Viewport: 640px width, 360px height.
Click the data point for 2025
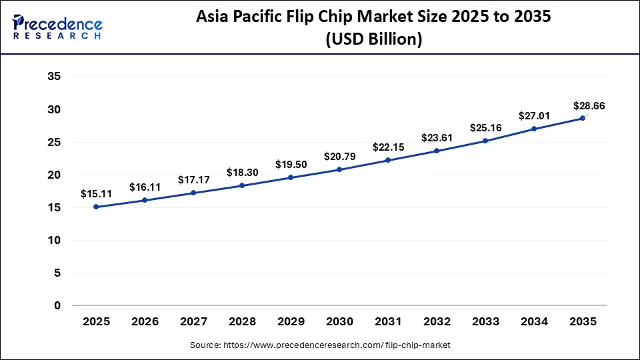96,207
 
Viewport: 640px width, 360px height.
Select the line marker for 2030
339,169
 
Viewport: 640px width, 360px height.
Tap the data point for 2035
583,118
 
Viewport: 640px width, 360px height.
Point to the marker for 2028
242,185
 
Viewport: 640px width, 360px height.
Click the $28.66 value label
589,105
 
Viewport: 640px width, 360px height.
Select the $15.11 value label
96,194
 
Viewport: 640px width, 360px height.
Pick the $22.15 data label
388,146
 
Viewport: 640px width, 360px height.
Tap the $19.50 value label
291,164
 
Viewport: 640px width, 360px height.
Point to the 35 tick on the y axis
55,77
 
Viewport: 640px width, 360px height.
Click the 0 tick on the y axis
57,305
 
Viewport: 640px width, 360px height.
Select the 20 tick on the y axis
55,175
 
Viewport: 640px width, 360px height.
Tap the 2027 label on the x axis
193,321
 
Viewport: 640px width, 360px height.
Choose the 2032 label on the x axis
437,321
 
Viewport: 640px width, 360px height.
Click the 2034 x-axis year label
534,321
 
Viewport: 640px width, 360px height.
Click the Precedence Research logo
57,27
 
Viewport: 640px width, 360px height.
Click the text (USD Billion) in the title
373,39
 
